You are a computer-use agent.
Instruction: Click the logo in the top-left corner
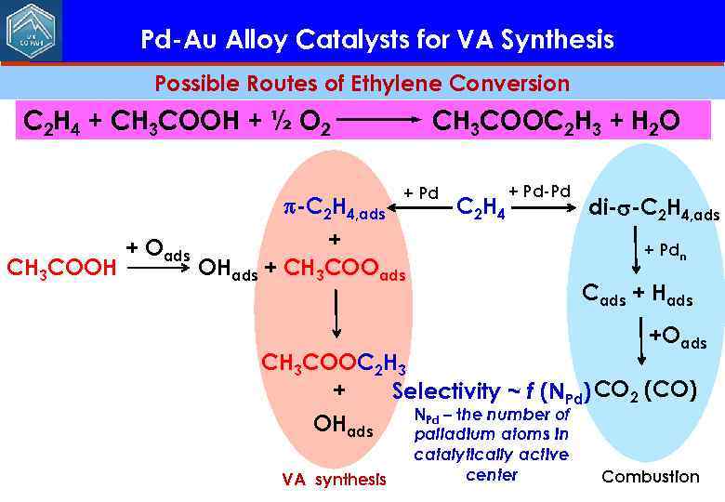tap(31, 31)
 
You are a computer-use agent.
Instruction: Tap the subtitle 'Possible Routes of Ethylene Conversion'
tap(362, 84)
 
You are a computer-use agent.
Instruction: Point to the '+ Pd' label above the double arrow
tap(421, 193)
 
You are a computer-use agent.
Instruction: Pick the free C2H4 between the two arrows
tap(481, 209)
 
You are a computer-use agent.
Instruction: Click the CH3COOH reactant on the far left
tap(61, 269)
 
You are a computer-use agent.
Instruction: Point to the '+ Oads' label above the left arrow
tap(158, 249)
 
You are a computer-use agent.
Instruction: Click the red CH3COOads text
tap(344, 269)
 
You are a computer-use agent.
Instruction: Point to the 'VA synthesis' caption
tap(334, 480)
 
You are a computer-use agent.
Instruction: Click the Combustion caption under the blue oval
tap(650, 477)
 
